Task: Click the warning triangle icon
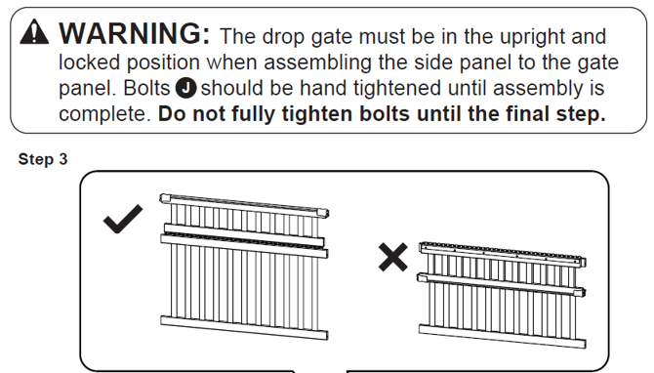[34, 31]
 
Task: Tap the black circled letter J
[185, 89]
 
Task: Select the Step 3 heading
[43, 159]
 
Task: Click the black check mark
[123, 219]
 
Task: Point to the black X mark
[393, 257]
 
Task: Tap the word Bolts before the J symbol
[146, 89]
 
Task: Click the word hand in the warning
[324, 89]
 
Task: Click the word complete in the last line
[104, 114]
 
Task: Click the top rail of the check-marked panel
[244, 205]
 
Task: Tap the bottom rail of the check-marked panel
[244, 327]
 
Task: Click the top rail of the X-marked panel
[503, 254]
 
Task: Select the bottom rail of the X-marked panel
[503, 336]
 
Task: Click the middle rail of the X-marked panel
[502, 285]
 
